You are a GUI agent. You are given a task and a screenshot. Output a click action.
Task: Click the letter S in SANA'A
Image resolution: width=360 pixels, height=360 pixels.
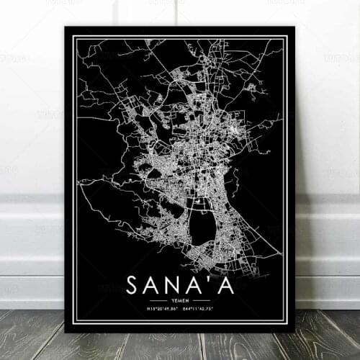point(133,284)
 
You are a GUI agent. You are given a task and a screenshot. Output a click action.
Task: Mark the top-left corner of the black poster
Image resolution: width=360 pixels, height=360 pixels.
point(65,27)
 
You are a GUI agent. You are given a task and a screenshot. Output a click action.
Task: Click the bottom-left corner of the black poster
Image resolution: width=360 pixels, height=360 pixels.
point(65,333)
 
